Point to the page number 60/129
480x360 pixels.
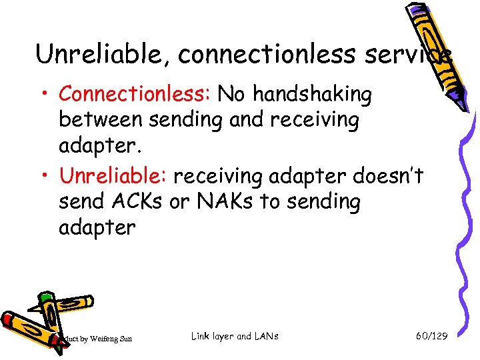point(431,337)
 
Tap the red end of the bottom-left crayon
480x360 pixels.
point(8,319)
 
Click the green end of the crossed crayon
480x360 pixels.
point(45,297)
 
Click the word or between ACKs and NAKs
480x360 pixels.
point(179,201)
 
